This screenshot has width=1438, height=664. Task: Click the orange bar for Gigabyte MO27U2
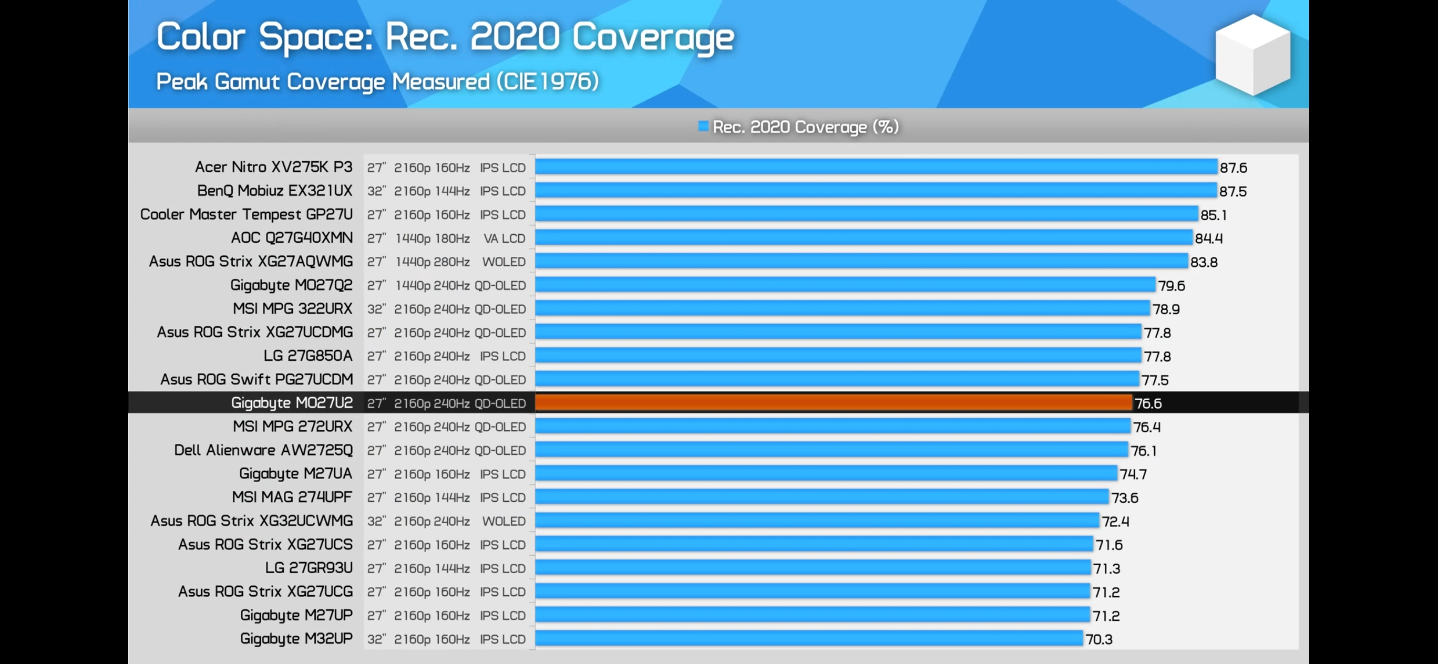pos(834,403)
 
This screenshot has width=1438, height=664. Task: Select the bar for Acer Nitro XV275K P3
pos(876,167)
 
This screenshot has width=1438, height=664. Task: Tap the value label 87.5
pos(1232,191)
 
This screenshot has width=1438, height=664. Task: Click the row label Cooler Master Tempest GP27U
pos(246,214)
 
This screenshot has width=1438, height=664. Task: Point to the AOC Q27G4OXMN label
pos(292,237)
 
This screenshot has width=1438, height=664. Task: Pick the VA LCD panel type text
pos(504,238)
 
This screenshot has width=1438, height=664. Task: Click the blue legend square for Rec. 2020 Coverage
pos(703,126)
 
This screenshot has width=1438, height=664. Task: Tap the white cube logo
pos(1252,55)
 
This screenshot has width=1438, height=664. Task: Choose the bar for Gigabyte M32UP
pos(809,638)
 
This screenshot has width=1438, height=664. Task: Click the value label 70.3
pos(1098,639)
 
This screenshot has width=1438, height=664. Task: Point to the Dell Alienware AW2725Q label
pos(263,450)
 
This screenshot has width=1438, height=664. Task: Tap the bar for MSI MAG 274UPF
pos(821,497)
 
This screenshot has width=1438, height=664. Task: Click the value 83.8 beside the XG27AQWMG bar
pos(1204,262)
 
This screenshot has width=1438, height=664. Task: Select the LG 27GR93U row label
pos(309,568)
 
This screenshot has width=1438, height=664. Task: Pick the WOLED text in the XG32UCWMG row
pos(504,521)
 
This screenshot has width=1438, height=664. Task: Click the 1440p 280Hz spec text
pos(433,262)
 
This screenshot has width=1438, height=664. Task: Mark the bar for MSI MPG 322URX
pos(843,308)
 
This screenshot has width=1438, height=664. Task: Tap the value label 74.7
pos(1133,474)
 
